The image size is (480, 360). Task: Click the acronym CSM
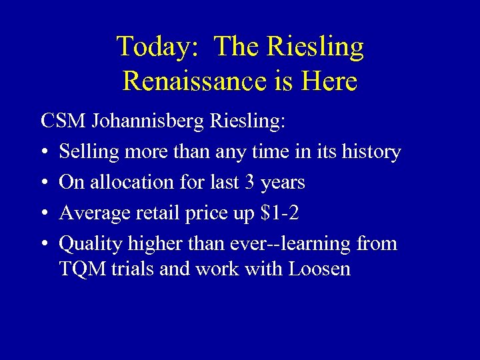tap(63, 121)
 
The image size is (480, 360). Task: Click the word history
tap(369, 152)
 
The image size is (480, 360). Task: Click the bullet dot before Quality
tap(45, 245)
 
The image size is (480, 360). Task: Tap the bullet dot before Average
tap(45, 214)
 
